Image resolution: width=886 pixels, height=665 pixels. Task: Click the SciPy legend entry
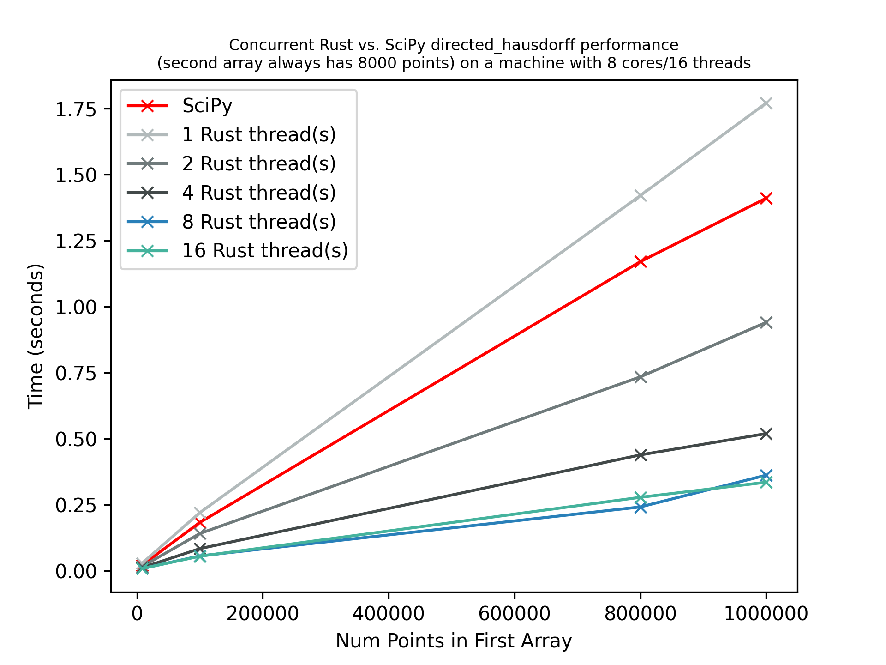point(207,106)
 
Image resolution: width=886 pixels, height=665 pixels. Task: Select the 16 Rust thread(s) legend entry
point(265,251)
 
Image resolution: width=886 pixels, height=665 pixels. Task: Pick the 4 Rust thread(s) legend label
point(259,193)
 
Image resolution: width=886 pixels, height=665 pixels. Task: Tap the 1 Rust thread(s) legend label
point(259,135)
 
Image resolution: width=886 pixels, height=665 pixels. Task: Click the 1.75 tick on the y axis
point(76,109)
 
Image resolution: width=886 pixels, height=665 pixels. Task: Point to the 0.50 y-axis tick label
point(76,439)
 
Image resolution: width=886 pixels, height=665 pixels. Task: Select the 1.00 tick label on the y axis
point(76,307)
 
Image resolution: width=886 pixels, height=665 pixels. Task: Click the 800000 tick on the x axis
point(640,614)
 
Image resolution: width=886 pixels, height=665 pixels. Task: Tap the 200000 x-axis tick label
point(263,614)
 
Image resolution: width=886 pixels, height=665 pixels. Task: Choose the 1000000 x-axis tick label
point(766,614)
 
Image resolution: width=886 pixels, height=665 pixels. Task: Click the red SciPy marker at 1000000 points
point(766,199)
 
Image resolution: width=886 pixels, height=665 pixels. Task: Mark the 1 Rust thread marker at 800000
point(640,196)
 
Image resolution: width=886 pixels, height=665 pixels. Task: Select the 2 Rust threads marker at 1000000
point(766,322)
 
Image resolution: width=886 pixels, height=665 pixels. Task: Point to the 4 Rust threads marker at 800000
point(640,455)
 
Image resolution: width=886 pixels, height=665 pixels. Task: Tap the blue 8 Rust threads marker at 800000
point(640,508)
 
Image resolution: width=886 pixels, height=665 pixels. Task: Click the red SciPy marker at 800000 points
point(640,262)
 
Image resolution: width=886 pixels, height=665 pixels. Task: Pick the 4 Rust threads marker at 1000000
point(766,434)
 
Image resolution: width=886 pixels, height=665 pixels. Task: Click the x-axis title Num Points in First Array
point(454,641)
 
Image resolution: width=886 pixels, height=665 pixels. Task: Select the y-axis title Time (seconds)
point(36,336)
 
